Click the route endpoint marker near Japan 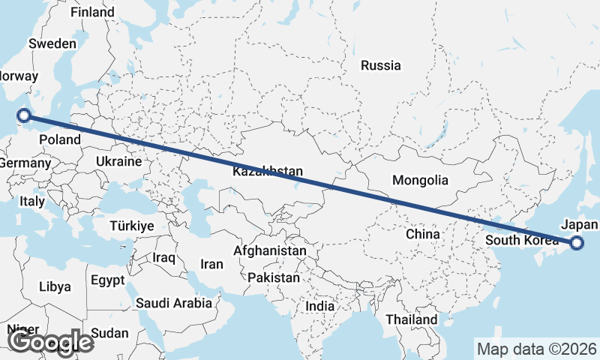[577, 242]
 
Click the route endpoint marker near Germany [24, 115]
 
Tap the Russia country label [380, 65]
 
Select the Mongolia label [420, 180]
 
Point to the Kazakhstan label [268, 172]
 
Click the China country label [422, 234]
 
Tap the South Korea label [522, 240]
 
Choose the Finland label [92, 13]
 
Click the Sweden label [52, 43]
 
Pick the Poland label [59, 139]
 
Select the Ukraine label [119, 161]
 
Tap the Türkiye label [131, 226]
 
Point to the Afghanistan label [270, 250]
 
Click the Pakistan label [273, 277]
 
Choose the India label [320, 306]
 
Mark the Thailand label [411, 319]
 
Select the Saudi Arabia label [175, 303]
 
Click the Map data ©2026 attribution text [536, 349]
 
